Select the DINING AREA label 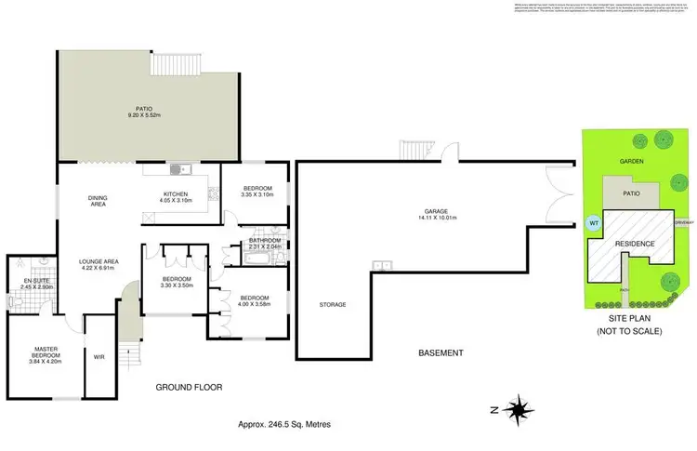click(98, 201)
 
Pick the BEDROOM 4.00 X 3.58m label click(253, 301)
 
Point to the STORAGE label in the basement click(333, 305)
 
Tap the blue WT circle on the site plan click(594, 223)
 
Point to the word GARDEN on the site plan click(633, 160)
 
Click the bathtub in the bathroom click(263, 256)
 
